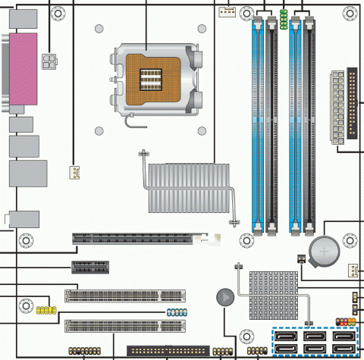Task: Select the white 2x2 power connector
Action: [x=51, y=61]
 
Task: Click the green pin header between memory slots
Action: [x=283, y=20]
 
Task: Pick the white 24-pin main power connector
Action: [x=337, y=107]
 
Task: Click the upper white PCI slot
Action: [x=125, y=295]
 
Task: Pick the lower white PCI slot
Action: [x=125, y=327]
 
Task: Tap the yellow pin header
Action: [x=46, y=311]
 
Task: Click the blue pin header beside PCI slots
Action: [x=176, y=311]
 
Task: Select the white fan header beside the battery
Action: [x=353, y=271]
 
